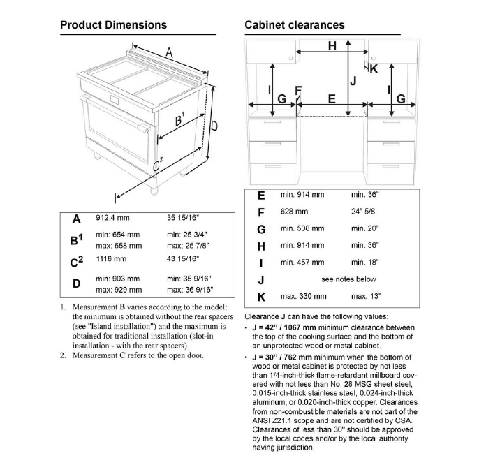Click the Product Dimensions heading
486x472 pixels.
coord(113,25)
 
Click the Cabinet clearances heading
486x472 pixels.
coord(294,25)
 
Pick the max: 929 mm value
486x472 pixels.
coord(119,289)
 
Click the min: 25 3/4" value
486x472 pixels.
coord(187,235)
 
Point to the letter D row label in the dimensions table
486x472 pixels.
coord(77,283)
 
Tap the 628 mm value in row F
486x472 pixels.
coord(294,211)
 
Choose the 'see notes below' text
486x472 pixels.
coord(348,279)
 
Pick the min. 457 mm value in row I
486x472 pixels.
coord(302,262)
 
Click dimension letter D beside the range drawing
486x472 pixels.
coord(215,126)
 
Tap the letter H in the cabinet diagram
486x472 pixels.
coord(332,46)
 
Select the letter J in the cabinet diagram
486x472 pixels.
coord(353,81)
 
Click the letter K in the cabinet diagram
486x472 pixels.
coord(374,68)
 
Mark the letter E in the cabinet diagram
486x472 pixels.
coord(332,98)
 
